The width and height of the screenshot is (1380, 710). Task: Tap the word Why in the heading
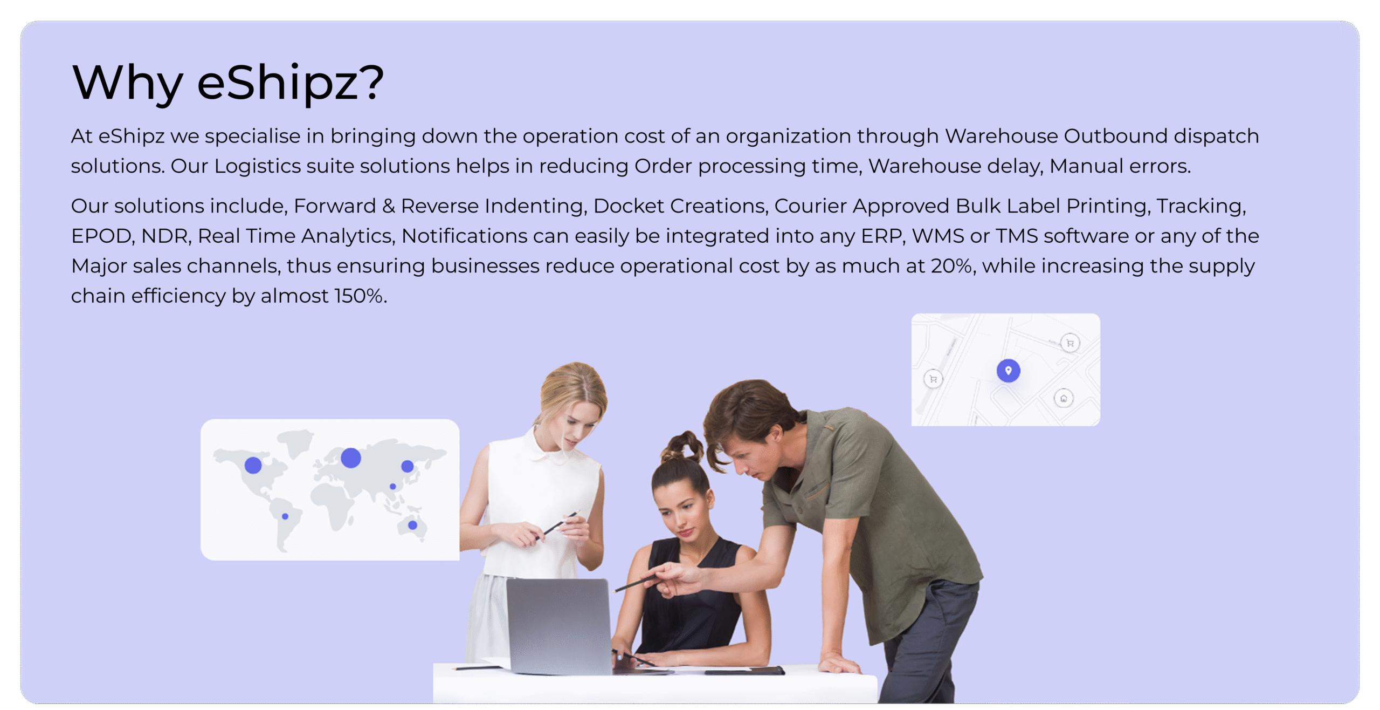point(127,82)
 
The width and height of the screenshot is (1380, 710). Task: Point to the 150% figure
point(360,296)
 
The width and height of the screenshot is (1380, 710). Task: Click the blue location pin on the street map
point(1008,371)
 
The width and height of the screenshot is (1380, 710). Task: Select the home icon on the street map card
point(1064,399)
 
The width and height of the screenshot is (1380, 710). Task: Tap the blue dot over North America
point(253,465)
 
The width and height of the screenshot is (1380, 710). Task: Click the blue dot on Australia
point(412,525)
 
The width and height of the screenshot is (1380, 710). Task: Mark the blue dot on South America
point(285,516)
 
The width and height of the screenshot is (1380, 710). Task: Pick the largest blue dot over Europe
point(351,458)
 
